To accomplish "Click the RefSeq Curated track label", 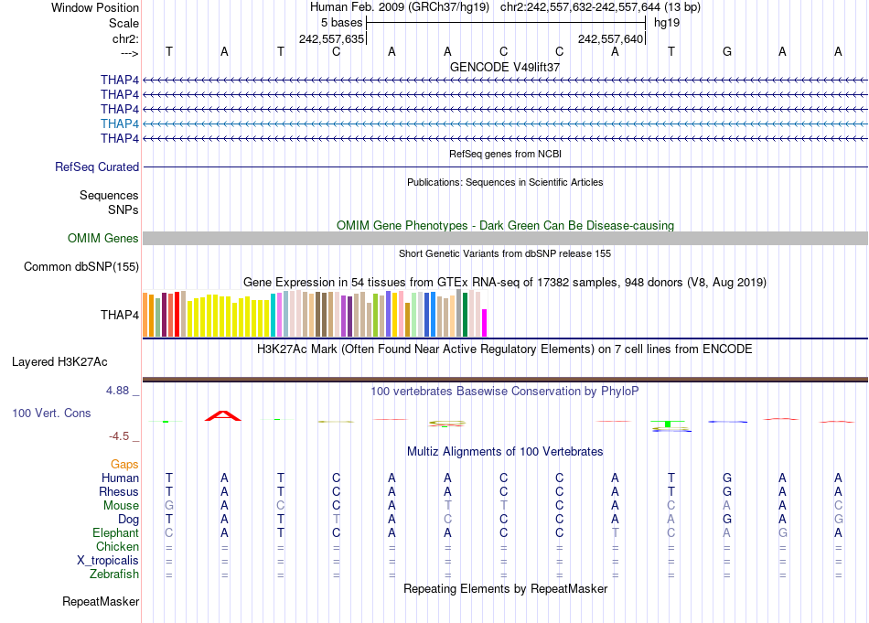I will click(x=97, y=167).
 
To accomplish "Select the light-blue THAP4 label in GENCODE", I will click(x=120, y=124).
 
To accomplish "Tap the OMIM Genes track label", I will click(x=103, y=239).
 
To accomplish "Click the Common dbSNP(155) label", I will click(x=81, y=267).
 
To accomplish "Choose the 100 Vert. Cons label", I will click(x=51, y=414).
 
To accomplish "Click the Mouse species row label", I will click(x=121, y=506).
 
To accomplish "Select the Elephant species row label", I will click(x=116, y=533).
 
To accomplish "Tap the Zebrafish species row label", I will click(x=115, y=575).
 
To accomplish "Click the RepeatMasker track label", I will click(x=101, y=602).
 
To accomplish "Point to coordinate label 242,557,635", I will click(x=332, y=38).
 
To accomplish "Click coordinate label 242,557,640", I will click(x=611, y=38).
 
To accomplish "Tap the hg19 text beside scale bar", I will click(x=666, y=22).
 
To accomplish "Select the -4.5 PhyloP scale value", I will click(x=123, y=436).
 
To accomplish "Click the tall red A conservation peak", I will click(x=224, y=416).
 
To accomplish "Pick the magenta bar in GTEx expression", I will click(x=485, y=323).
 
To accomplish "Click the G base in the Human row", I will click(x=727, y=478).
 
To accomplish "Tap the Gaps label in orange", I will click(x=124, y=465).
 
